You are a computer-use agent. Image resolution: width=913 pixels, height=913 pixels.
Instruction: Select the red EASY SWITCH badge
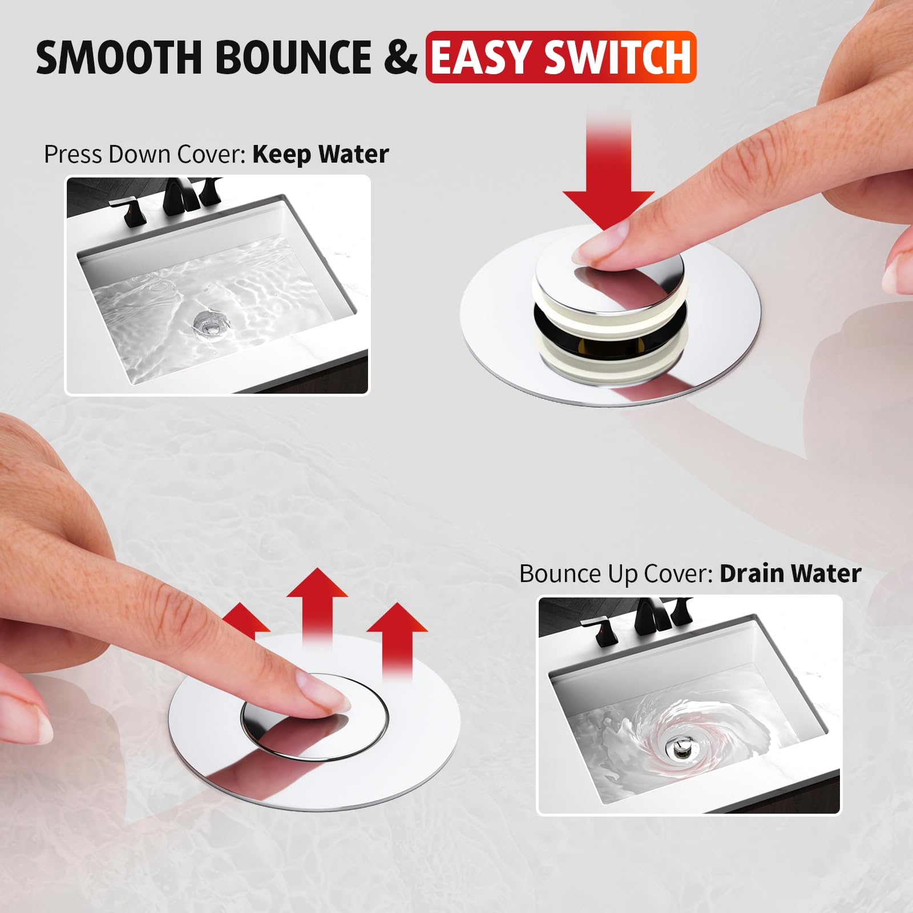coord(560,58)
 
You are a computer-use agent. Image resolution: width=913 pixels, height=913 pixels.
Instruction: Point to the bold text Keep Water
coord(321,155)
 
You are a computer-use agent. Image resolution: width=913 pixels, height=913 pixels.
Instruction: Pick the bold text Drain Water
coord(790,574)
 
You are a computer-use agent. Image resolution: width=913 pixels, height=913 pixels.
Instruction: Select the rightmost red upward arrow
coord(397,639)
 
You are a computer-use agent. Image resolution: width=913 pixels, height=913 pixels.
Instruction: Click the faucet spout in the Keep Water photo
coord(178,197)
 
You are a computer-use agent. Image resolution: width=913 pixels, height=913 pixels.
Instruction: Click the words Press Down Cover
coord(145,155)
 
